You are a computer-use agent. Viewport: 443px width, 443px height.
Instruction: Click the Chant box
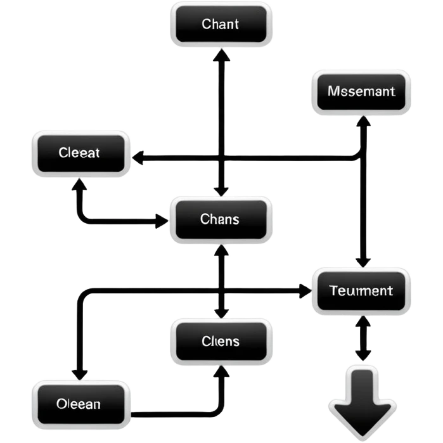pos(221,25)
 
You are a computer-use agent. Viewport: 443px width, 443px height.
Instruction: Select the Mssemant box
pos(361,91)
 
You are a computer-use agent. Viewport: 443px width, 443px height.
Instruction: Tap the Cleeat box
pos(80,153)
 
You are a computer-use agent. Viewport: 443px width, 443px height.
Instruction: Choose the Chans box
pos(221,219)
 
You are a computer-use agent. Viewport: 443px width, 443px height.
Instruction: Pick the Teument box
pos(361,291)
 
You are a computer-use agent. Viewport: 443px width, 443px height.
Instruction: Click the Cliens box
pos(221,342)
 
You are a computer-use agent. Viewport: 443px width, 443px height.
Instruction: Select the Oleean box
pos(80,404)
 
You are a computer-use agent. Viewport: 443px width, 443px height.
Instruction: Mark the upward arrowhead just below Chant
pos(221,56)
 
